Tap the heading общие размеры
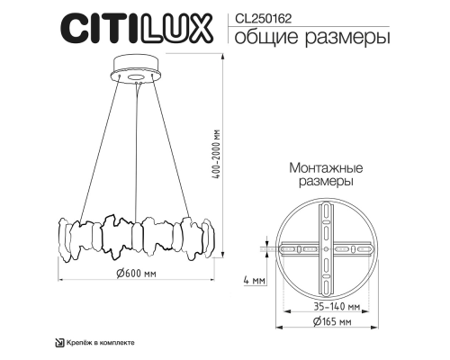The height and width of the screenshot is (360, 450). point(299,38)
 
